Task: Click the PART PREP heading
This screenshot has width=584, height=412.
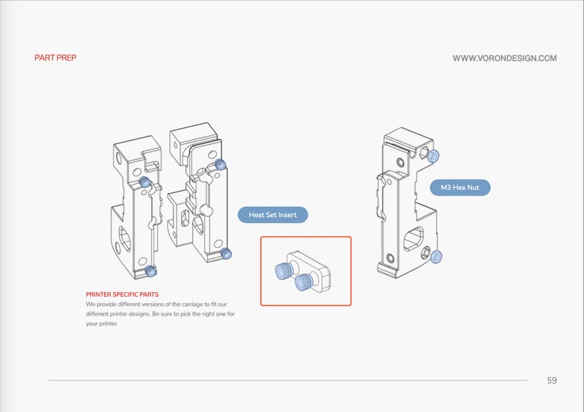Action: tap(55, 58)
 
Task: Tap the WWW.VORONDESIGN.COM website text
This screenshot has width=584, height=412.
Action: tap(505, 58)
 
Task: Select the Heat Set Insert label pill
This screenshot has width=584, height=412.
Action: tap(273, 215)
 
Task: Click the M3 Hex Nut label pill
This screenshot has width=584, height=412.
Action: tap(460, 187)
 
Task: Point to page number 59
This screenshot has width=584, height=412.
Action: tap(552, 380)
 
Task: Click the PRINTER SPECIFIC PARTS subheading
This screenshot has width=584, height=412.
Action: tap(122, 294)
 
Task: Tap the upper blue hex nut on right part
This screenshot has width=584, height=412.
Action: tap(434, 156)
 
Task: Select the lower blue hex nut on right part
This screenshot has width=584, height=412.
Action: tap(436, 256)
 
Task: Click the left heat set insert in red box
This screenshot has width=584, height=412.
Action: tap(284, 269)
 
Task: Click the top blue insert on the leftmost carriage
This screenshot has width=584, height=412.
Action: tap(144, 182)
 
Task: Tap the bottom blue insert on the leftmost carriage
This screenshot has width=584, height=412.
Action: tap(150, 271)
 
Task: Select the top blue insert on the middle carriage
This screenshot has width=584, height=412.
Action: tap(221, 164)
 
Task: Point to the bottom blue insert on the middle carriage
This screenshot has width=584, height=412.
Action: tap(226, 254)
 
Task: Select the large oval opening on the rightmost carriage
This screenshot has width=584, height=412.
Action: tap(413, 239)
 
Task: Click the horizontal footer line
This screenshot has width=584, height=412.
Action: tap(287, 380)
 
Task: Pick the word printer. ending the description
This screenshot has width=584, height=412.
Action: tap(108, 324)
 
